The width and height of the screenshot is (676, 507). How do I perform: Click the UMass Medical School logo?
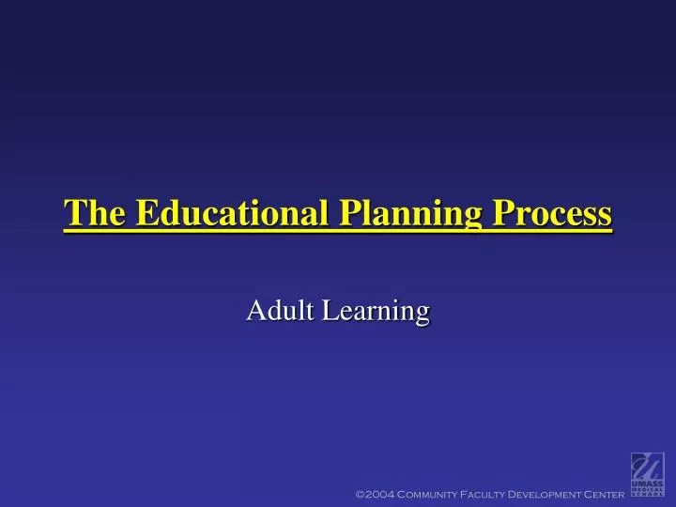647,474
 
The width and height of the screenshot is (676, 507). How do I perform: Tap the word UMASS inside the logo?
647,484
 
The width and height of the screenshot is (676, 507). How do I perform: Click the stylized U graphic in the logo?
647,466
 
